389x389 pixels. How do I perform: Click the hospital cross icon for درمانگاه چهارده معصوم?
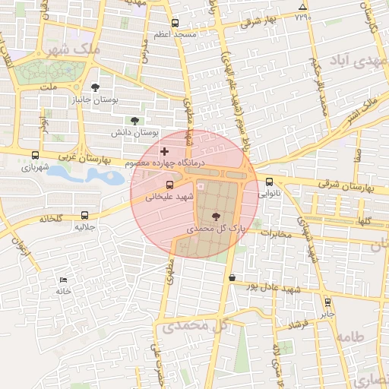click(x=165, y=152)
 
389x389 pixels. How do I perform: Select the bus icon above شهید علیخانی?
click(x=169, y=184)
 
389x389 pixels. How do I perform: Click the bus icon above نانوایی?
click(x=270, y=182)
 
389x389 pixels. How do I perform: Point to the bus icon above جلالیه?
click(x=84, y=215)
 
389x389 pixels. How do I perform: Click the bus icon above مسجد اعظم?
click(x=176, y=23)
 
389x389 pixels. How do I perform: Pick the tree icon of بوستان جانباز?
click(x=94, y=87)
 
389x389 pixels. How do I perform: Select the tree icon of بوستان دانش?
click(x=135, y=120)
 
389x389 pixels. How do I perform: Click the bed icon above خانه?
click(x=62, y=280)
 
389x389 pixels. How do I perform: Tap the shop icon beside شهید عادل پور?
click(x=232, y=278)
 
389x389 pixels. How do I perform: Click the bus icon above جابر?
click(x=327, y=302)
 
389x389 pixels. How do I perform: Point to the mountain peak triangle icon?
click(x=302, y=8)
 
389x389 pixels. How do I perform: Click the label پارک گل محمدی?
click(x=212, y=228)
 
